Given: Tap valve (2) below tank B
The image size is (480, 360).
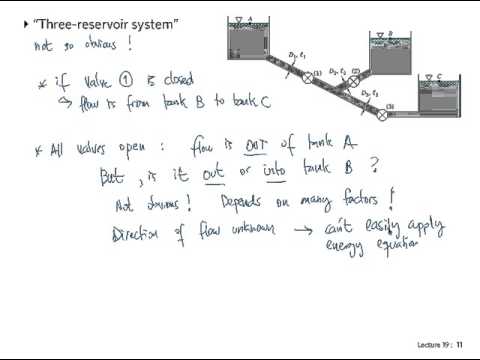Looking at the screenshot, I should pos(353,81).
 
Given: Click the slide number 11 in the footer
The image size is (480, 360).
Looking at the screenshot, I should pos(459,344).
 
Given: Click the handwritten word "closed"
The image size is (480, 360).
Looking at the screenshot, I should pos(204,80).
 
